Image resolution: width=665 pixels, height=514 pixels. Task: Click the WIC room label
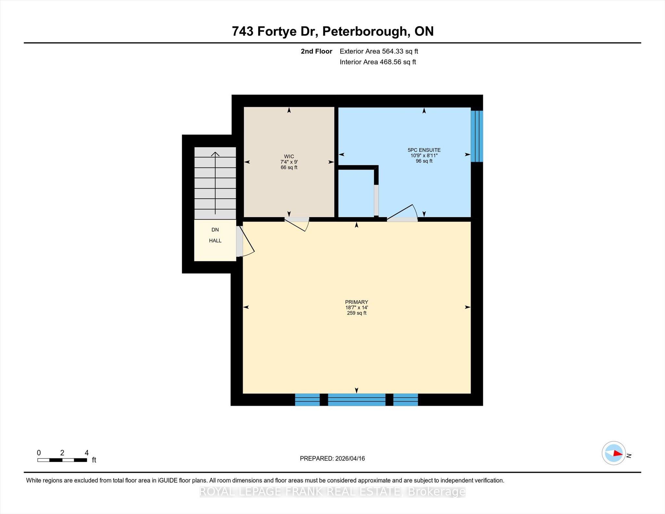pos(289,157)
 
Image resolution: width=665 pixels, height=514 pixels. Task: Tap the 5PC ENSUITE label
pos(424,150)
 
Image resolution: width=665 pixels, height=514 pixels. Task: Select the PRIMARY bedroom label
pos(357,302)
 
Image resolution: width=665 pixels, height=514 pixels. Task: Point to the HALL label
pos(215,241)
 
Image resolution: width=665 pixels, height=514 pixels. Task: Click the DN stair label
pos(215,230)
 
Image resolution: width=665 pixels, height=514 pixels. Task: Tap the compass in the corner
pos(614,453)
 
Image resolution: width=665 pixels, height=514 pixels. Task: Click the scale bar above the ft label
pos(62,460)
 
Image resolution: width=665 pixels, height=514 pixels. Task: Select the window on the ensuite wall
pos(477,136)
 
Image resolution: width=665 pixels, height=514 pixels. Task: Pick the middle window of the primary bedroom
pos(357,400)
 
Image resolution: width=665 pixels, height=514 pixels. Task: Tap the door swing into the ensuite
pos(402,213)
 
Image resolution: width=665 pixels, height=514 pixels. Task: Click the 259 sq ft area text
pos(357,313)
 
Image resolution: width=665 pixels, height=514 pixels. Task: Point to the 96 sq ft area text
pos(424,161)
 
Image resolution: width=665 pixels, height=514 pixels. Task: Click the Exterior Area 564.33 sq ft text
pos(379,51)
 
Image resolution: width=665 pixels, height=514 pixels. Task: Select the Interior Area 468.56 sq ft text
pos(378,62)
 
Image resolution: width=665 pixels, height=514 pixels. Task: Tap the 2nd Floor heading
pos(317,51)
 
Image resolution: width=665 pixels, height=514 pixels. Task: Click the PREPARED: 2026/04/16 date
pos(332,458)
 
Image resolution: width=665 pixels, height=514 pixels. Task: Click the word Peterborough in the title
pos(365,31)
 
